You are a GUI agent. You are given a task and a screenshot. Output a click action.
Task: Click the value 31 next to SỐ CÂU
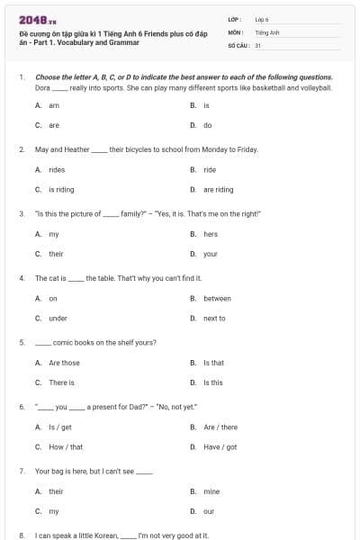[258, 44]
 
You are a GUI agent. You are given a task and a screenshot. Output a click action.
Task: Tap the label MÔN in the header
[236, 31]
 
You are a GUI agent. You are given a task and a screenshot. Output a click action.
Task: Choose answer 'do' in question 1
[207, 125]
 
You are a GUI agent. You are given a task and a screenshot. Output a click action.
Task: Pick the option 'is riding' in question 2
[61, 190]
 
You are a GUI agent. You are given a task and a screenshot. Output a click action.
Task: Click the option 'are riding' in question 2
[218, 190]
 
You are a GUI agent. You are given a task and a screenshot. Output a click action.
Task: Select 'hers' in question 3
[210, 234]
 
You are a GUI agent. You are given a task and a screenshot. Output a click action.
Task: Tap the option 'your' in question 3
[210, 254]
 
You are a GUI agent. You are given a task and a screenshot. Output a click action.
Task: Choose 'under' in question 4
[58, 318]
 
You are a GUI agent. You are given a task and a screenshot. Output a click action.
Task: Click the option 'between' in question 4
[217, 299]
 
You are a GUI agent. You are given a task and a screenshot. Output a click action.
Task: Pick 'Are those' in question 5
[64, 363]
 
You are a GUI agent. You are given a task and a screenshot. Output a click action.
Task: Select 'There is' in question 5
[61, 382]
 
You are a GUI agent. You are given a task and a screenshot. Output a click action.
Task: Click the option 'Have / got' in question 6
[220, 446]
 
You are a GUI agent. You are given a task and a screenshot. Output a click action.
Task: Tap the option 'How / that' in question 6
[65, 446]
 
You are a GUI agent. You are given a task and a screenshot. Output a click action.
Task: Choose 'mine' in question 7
[211, 491]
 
